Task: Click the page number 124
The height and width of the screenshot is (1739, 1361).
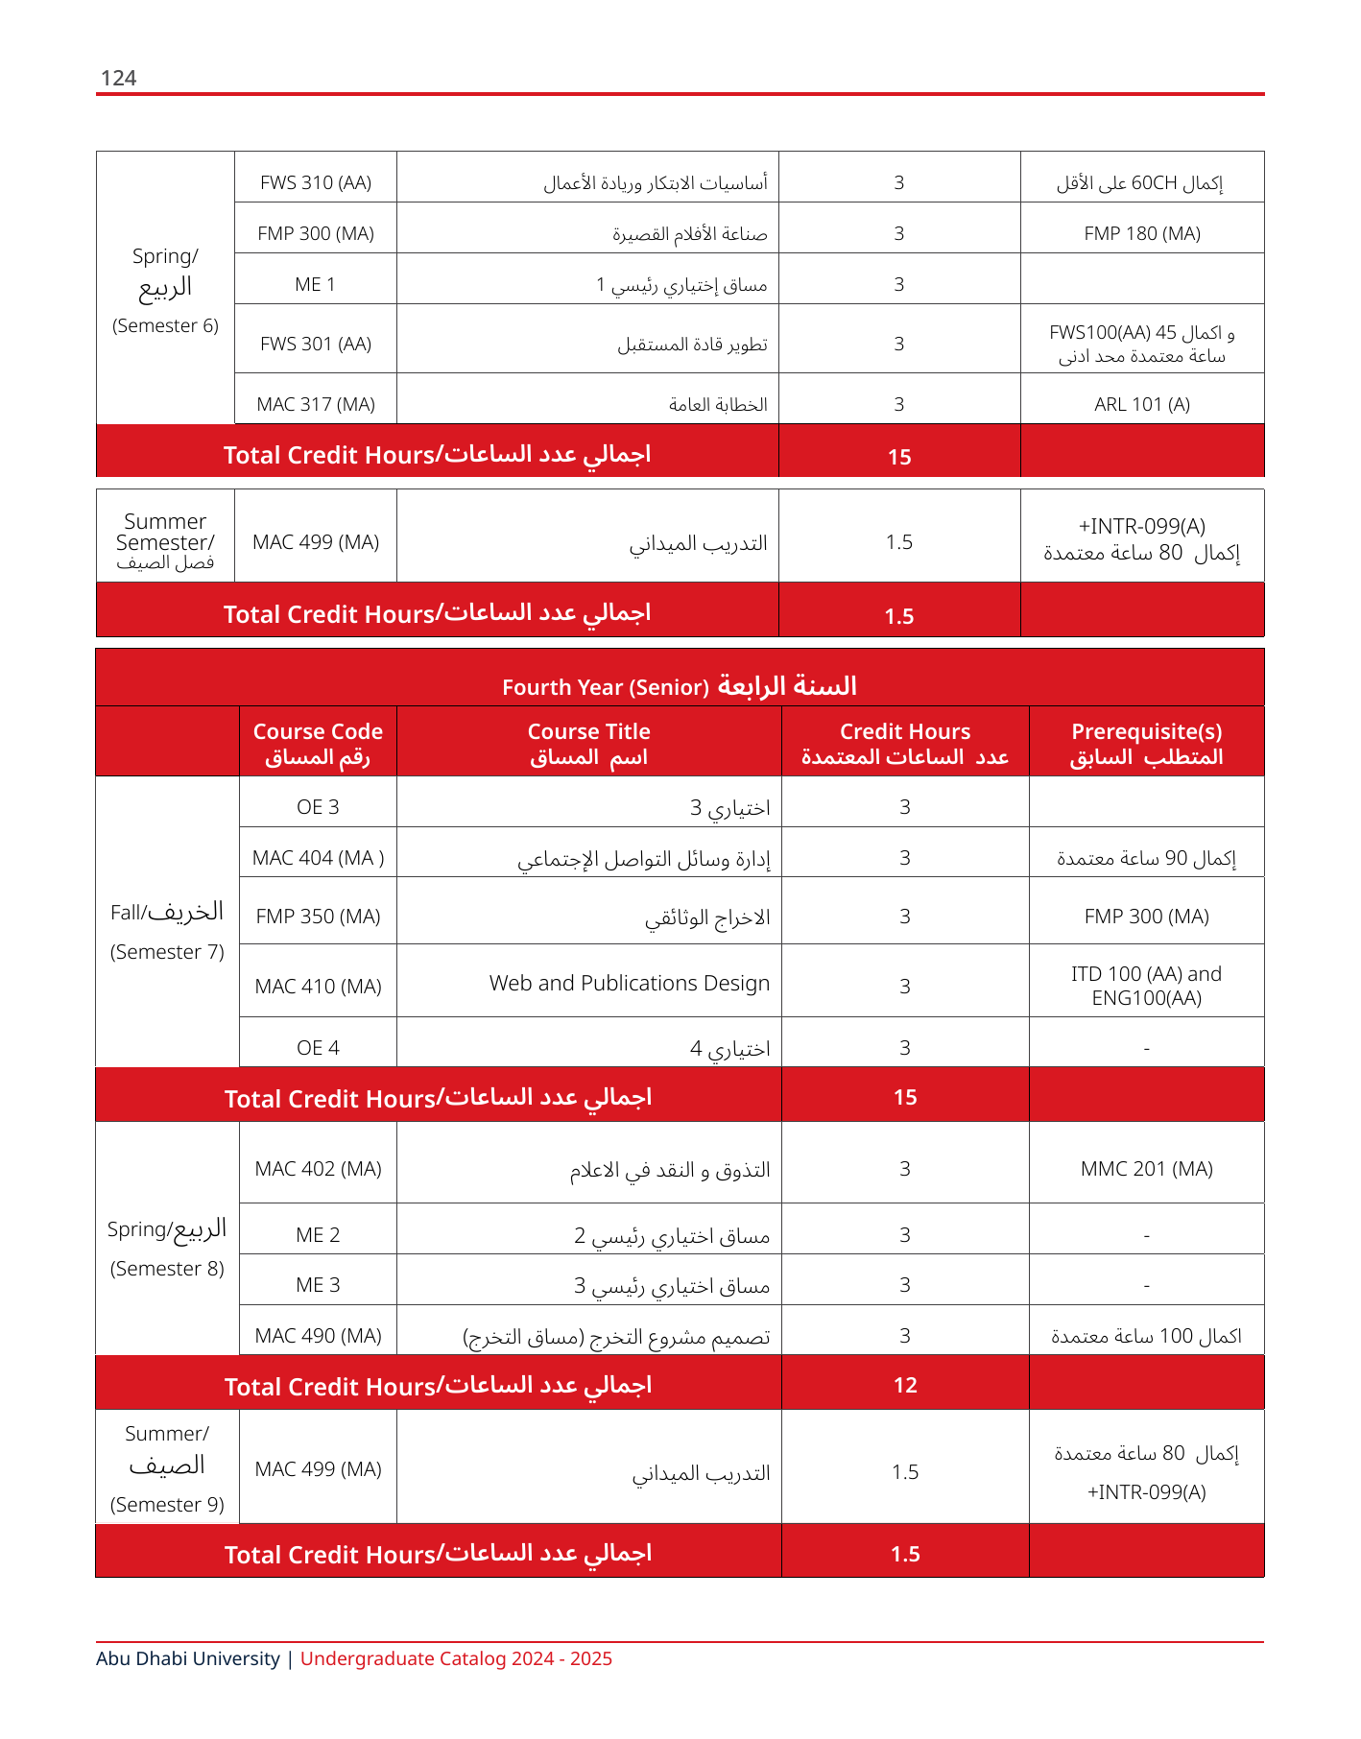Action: point(118,79)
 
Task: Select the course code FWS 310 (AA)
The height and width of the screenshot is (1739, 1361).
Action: point(316,182)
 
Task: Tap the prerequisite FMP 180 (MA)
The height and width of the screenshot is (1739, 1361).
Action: point(1142,233)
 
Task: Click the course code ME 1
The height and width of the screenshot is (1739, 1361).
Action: point(316,284)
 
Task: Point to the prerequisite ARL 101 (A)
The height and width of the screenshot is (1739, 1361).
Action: point(1142,404)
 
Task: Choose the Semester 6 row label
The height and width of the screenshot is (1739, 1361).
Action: point(165,325)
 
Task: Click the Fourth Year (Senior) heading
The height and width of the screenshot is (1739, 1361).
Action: point(606,687)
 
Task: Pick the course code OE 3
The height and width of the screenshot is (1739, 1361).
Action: point(318,807)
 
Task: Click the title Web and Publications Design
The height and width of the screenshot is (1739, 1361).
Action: point(630,984)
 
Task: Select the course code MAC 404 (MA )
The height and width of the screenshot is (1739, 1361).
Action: point(318,858)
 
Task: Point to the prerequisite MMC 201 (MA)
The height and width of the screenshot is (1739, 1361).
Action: point(1147,1169)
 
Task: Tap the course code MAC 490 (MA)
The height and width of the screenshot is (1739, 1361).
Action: point(318,1336)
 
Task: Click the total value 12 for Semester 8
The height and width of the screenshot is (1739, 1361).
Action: point(905,1385)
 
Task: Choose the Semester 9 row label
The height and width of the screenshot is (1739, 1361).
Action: point(167,1504)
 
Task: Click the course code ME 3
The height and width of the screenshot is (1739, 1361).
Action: point(318,1285)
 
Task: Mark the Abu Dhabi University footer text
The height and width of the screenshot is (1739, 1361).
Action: point(188,1658)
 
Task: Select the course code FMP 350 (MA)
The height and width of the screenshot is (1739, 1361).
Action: point(318,917)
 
